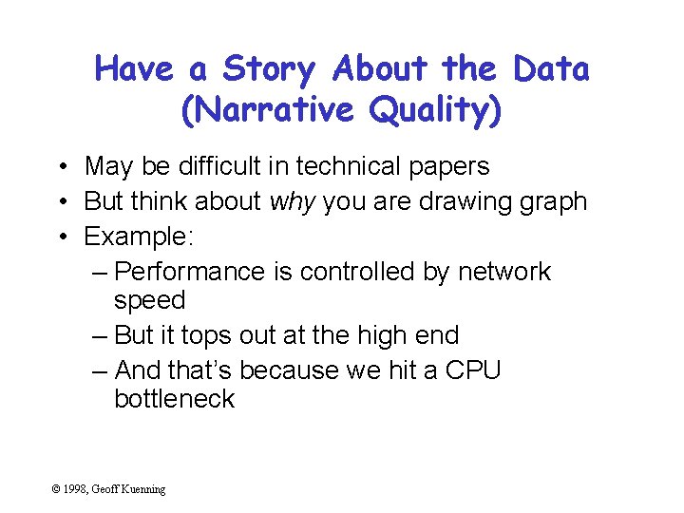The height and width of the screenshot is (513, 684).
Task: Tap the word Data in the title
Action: (x=551, y=69)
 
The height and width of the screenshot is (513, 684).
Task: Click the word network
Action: (x=503, y=272)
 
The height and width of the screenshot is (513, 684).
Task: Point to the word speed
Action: (x=149, y=301)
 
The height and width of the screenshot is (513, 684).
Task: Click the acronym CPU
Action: (x=471, y=370)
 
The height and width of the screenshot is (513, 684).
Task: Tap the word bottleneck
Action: (x=174, y=398)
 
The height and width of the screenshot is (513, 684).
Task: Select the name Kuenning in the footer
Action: (x=142, y=489)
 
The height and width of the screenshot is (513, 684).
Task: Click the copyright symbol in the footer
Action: (x=57, y=489)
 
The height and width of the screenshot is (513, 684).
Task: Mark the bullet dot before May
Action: (x=60, y=167)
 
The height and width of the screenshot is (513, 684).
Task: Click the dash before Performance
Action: (x=101, y=272)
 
